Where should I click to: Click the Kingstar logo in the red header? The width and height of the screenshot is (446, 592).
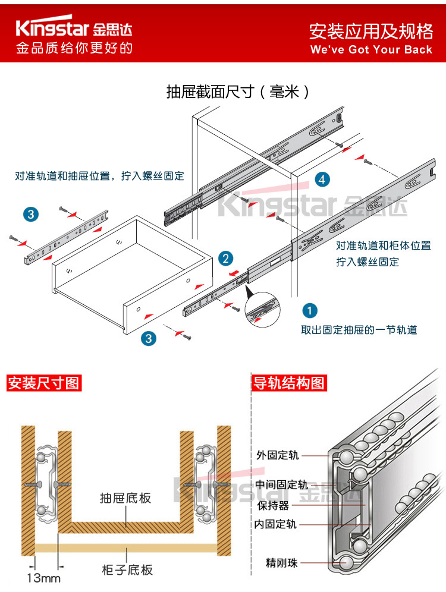(x=74, y=29)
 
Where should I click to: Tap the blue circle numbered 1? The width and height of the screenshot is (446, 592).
(x=310, y=310)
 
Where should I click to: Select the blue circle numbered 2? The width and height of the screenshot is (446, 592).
(x=225, y=258)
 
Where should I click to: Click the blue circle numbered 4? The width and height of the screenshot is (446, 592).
(x=321, y=179)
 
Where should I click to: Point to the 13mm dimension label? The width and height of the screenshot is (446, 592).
(x=43, y=577)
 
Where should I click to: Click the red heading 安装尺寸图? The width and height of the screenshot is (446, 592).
(x=43, y=383)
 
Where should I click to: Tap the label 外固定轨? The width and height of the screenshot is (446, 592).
(x=278, y=455)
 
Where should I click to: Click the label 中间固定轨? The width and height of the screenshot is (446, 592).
(x=282, y=484)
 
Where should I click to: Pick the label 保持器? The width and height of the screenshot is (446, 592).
(x=273, y=505)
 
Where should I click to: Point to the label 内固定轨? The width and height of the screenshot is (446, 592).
(x=275, y=524)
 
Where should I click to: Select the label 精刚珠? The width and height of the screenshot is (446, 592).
(x=278, y=562)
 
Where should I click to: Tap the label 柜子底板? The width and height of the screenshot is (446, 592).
(x=127, y=570)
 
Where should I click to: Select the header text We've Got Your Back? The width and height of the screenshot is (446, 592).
(x=371, y=49)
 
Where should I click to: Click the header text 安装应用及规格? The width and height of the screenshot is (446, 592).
(x=371, y=31)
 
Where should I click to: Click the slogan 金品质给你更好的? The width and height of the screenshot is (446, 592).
(x=74, y=48)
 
